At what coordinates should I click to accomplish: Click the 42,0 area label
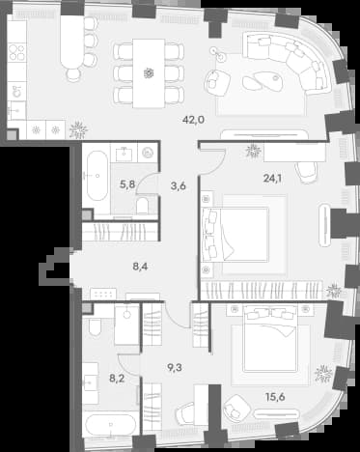coord(193,120)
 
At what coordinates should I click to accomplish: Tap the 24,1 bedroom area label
coord(272,178)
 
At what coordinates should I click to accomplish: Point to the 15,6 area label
coord(275,397)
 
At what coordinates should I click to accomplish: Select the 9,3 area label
coord(175,367)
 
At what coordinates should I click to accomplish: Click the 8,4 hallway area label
coord(140,267)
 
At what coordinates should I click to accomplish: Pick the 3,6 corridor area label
coord(179,186)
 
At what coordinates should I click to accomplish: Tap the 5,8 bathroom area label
coord(127,184)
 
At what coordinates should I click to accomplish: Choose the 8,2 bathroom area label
coord(117,379)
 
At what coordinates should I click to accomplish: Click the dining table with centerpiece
coord(149,73)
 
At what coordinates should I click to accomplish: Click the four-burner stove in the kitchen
coord(16,52)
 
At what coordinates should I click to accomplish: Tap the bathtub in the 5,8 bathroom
coord(97,176)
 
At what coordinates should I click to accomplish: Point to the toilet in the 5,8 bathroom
coord(142,206)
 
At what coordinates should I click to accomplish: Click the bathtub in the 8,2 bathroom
coord(112,425)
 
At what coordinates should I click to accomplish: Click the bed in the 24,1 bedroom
coord(235,234)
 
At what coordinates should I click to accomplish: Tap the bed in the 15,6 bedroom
coord(270,338)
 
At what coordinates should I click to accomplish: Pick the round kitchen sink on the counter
coord(17,92)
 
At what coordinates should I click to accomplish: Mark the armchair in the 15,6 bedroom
coord(237,407)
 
